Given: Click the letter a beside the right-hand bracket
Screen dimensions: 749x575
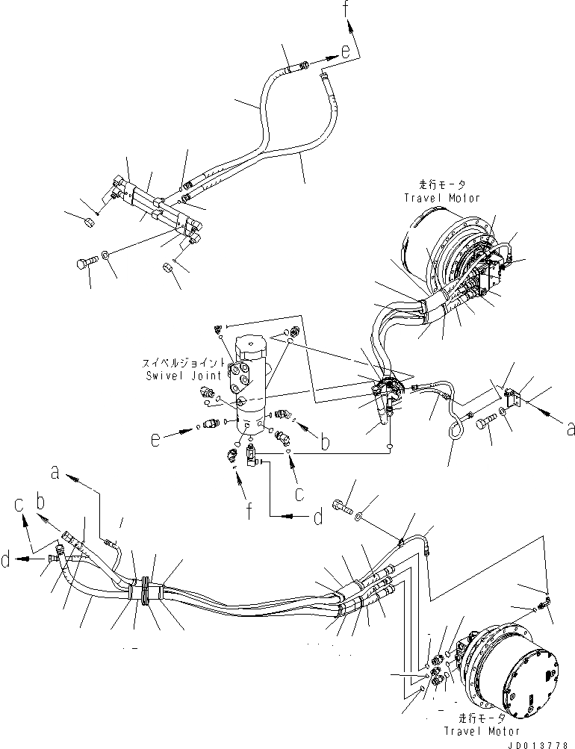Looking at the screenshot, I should [x=571, y=429].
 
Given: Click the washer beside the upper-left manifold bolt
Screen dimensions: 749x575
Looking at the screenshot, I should [x=107, y=255].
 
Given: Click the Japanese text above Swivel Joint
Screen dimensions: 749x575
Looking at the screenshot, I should [x=184, y=364].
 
